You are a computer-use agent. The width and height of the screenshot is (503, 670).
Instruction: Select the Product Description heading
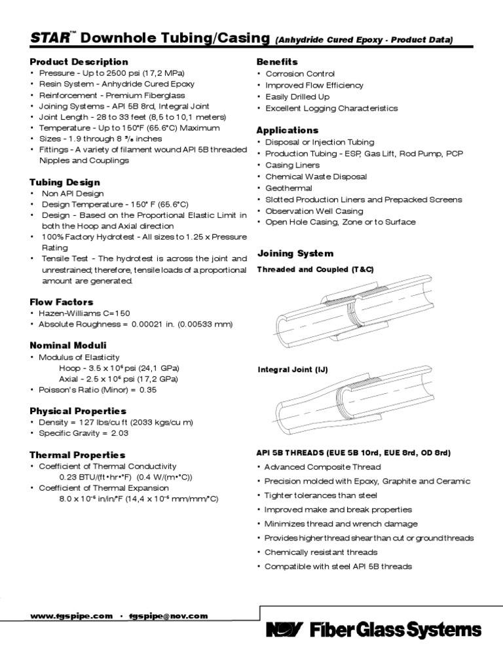point(79,62)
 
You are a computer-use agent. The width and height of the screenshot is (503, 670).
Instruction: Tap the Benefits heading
point(277,62)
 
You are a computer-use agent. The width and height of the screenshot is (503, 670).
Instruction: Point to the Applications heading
point(288,130)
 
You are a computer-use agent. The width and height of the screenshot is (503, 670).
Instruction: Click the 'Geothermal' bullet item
point(288,188)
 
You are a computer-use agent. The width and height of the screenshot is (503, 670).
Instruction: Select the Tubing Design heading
point(65,182)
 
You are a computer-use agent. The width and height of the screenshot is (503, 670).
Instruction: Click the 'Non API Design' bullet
point(73,194)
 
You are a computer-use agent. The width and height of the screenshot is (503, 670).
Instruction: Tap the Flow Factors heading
point(62,302)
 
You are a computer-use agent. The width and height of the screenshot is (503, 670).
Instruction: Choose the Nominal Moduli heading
point(68,345)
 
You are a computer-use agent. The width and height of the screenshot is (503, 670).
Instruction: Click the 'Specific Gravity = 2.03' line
point(83,433)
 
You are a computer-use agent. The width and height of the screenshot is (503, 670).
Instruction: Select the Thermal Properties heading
point(77,454)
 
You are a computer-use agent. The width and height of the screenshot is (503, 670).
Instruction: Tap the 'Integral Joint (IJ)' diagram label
point(293,370)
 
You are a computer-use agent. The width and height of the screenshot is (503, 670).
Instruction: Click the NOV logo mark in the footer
point(284,630)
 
